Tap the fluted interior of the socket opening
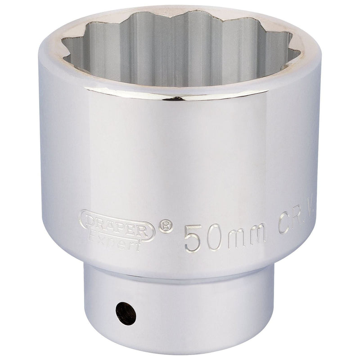point(180,49)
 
